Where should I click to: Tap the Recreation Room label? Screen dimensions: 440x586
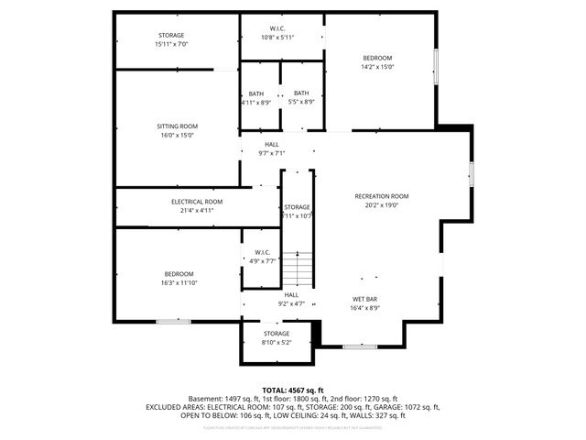point(382,196)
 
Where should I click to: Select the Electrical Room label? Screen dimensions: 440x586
point(197,201)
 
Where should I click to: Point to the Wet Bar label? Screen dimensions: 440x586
point(365,299)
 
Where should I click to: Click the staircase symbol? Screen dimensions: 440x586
point(297,270)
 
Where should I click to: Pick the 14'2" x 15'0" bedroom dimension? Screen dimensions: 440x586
point(377,67)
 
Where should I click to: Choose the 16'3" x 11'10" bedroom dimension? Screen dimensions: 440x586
point(179,283)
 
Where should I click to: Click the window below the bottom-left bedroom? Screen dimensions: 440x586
point(172,321)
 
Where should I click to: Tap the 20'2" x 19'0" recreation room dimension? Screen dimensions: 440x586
point(382,205)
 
